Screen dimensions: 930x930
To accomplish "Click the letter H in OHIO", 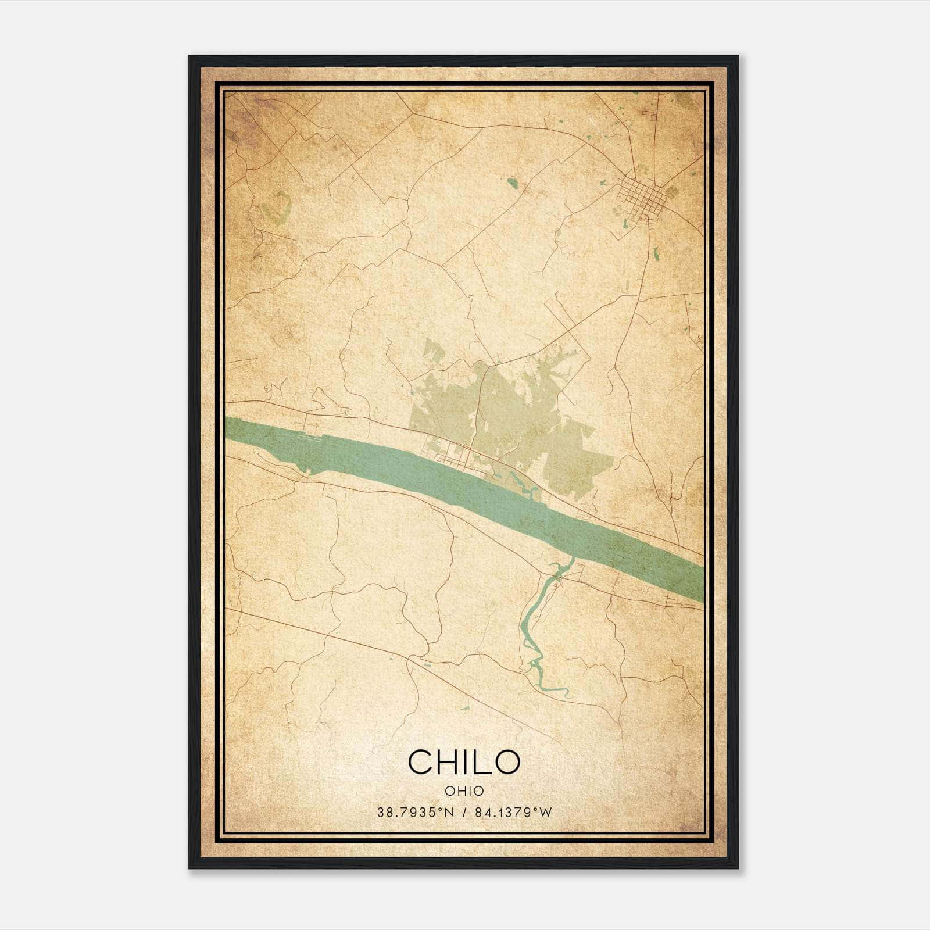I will (457, 791).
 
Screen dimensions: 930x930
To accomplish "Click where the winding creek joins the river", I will (569, 560).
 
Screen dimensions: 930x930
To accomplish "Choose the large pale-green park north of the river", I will (523, 419).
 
